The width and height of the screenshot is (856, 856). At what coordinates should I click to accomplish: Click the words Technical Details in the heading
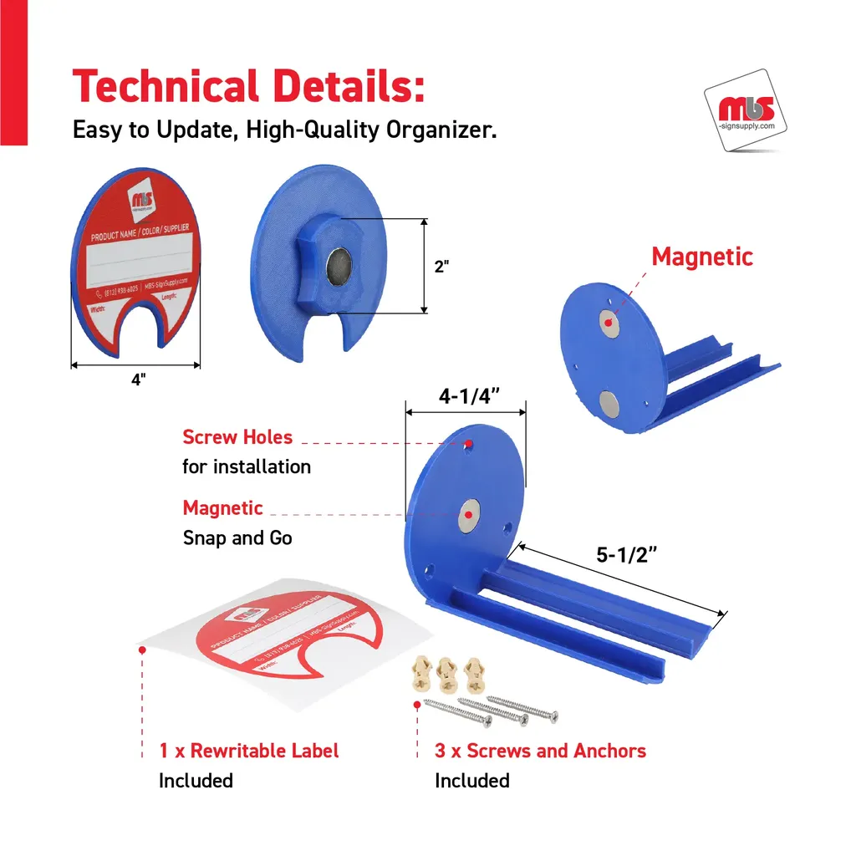(248, 87)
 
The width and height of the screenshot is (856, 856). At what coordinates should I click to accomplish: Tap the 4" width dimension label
(138, 379)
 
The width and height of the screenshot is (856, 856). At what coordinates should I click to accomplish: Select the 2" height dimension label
(441, 267)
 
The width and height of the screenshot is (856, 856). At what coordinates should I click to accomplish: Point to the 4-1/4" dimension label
(469, 396)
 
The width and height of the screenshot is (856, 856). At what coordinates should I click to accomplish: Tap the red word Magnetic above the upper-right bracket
(702, 257)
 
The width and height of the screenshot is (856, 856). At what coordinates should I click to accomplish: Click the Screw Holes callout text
(237, 437)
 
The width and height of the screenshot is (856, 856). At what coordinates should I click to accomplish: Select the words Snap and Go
(237, 538)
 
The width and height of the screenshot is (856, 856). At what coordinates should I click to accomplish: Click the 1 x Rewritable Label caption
(249, 750)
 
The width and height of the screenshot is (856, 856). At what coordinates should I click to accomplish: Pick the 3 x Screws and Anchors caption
(540, 750)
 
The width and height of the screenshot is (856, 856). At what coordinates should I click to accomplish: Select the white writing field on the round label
(138, 258)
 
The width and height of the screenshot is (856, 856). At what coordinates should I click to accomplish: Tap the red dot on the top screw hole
(468, 443)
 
